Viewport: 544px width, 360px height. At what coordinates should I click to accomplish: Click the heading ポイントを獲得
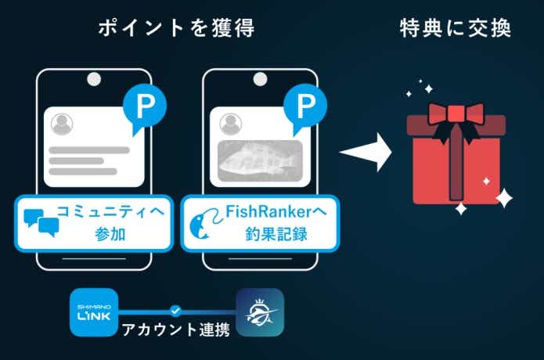[x=177, y=28]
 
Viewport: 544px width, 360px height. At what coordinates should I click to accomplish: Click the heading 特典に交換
[x=456, y=28]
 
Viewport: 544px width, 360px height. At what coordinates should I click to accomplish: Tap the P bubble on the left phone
[x=145, y=106]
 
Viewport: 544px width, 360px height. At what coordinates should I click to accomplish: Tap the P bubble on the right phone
[x=305, y=106]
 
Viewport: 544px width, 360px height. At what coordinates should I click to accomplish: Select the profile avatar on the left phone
[x=62, y=124]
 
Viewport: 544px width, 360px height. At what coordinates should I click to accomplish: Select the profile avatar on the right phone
[x=231, y=124]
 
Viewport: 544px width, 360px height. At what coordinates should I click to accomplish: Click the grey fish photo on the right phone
[x=260, y=161]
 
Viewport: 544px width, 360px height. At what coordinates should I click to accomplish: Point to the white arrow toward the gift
[x=366, y=152]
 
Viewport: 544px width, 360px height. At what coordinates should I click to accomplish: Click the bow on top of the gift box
[x=456, y=121]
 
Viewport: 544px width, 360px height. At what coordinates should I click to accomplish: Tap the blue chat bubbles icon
[x=41, y=223]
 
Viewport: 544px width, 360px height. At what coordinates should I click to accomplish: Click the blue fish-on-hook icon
[x=206, y=223]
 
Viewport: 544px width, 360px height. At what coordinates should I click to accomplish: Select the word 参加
[x=110, y=235]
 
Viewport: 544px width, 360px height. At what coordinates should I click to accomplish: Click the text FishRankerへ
[x=276, y=211]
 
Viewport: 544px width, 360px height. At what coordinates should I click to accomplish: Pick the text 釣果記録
[x=276, y=235]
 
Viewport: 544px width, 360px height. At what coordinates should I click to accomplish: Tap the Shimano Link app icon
[x=94, y=312]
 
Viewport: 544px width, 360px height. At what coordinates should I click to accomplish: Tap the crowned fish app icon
[x=260, y=312]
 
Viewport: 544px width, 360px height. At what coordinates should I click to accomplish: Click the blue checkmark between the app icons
[x=176, y=311]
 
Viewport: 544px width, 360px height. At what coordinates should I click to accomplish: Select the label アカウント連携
[x=176, y=329]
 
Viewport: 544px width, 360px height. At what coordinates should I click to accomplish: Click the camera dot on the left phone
[x=94, y=79]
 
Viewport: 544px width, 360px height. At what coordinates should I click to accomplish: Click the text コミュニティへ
[x=110, y=211]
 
